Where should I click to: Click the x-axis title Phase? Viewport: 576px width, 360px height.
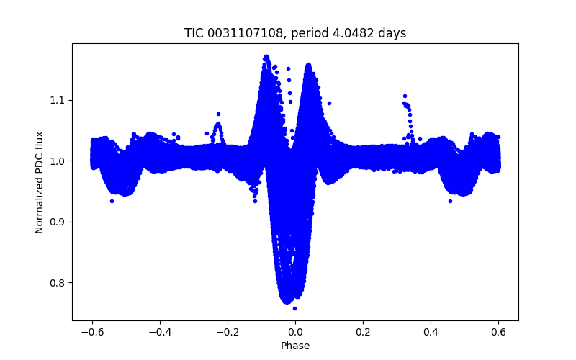click(x=295, y=346)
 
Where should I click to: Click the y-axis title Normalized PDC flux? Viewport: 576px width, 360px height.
click(x=40, y=182)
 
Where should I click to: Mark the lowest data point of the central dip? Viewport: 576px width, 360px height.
click(x=294, y=308)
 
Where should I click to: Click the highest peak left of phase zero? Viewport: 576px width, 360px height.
click(x=266, y=55)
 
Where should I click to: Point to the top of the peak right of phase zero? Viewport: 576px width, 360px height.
click(x=308, y=65)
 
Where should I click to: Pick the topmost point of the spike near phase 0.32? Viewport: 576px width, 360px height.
click(x=405, y=96)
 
